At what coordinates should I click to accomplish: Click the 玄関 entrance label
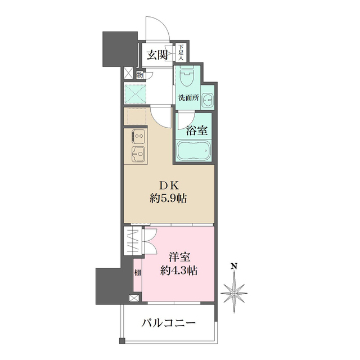157,55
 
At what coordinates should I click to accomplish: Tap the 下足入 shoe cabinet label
182,53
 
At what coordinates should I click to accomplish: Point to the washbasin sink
208,100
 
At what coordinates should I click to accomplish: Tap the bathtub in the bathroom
194,151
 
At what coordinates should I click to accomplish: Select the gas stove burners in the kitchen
137,137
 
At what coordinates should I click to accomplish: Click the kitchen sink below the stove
137,152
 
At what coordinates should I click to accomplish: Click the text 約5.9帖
168,198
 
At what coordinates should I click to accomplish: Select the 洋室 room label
181,257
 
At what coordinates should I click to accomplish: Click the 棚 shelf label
138,274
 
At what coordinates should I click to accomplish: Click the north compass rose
235,291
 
